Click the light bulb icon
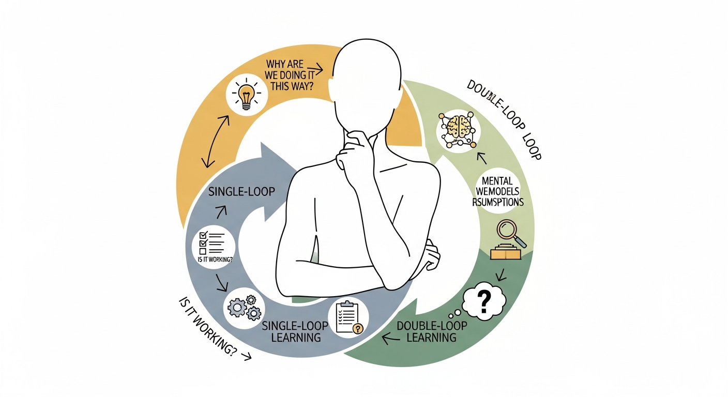point(247,94)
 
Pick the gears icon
point(244,307)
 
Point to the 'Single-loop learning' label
point(292,331)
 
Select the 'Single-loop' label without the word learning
point(241,192)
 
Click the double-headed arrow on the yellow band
point(216,141)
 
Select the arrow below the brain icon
point(481,157)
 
